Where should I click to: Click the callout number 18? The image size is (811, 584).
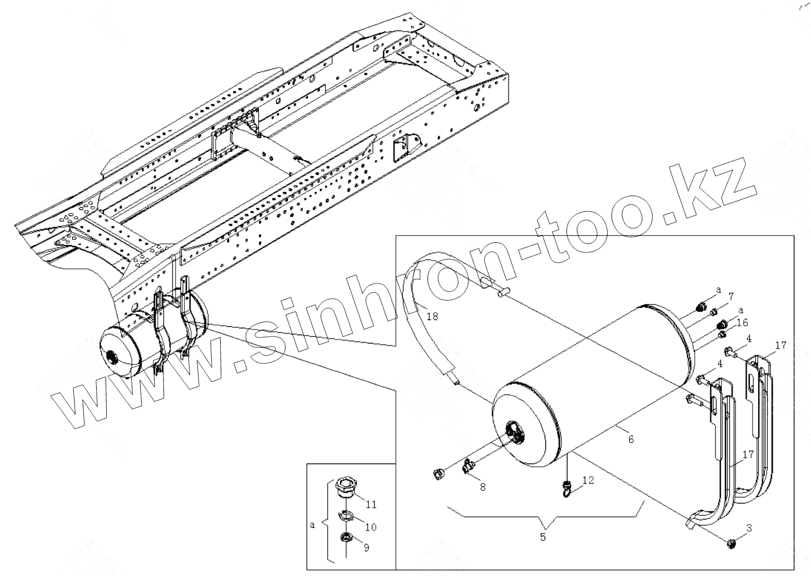432,317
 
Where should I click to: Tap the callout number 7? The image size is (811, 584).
731,296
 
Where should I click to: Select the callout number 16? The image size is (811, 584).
743,322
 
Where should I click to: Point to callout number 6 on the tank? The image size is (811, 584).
630,439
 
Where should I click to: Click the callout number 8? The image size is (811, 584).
482,487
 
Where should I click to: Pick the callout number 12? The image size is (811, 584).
588,480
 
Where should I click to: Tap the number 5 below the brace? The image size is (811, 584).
543,537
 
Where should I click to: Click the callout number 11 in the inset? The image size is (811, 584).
371,505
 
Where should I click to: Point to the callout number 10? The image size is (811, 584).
370,527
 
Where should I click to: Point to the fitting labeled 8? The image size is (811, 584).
467,467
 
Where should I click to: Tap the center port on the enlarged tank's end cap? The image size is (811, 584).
515,433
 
